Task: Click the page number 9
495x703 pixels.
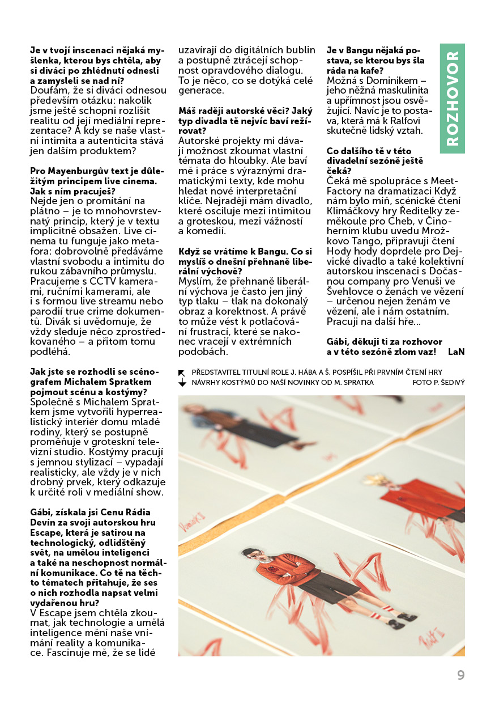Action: [x=460, y=675]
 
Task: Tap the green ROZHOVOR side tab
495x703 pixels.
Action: [x=452, y=98]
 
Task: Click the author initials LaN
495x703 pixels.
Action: [x=455, y=351]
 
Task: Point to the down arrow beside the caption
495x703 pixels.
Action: [x=182, y=383]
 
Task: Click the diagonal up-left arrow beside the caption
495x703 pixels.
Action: [x=182, y=372]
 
